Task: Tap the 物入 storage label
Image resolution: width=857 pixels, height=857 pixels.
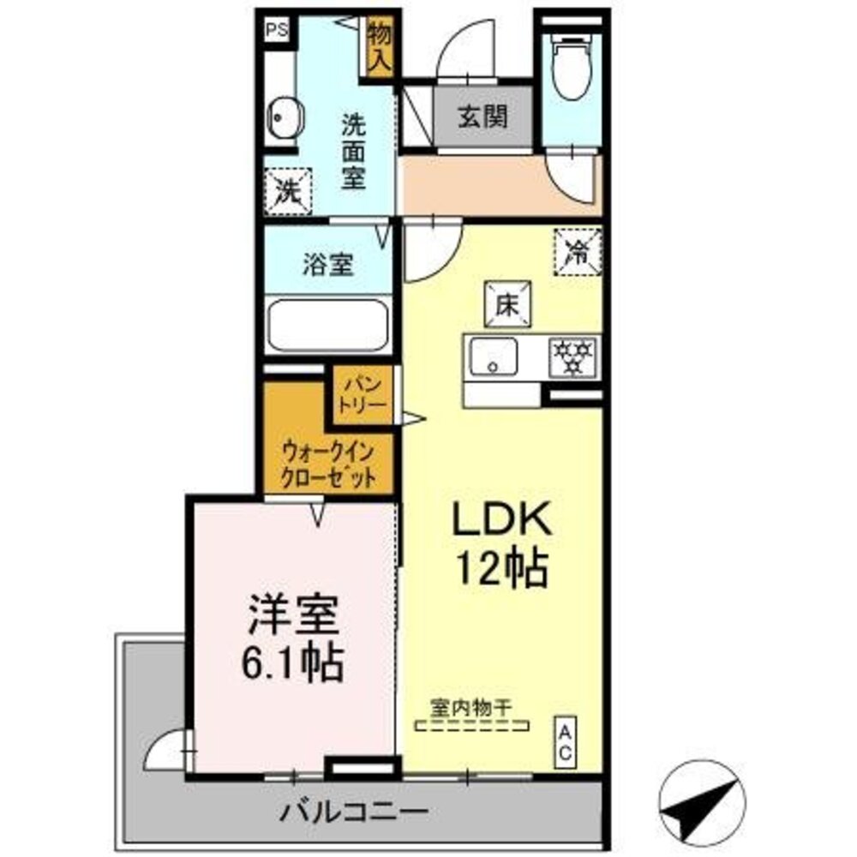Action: pos(380,47)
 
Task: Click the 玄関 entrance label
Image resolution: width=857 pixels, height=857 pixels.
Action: pos(481,117)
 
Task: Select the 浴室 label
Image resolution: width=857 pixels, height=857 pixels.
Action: pos(327,265)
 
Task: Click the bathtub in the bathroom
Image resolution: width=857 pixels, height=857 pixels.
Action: pos(327,325)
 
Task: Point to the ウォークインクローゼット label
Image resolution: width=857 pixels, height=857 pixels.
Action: pos(329,463)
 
